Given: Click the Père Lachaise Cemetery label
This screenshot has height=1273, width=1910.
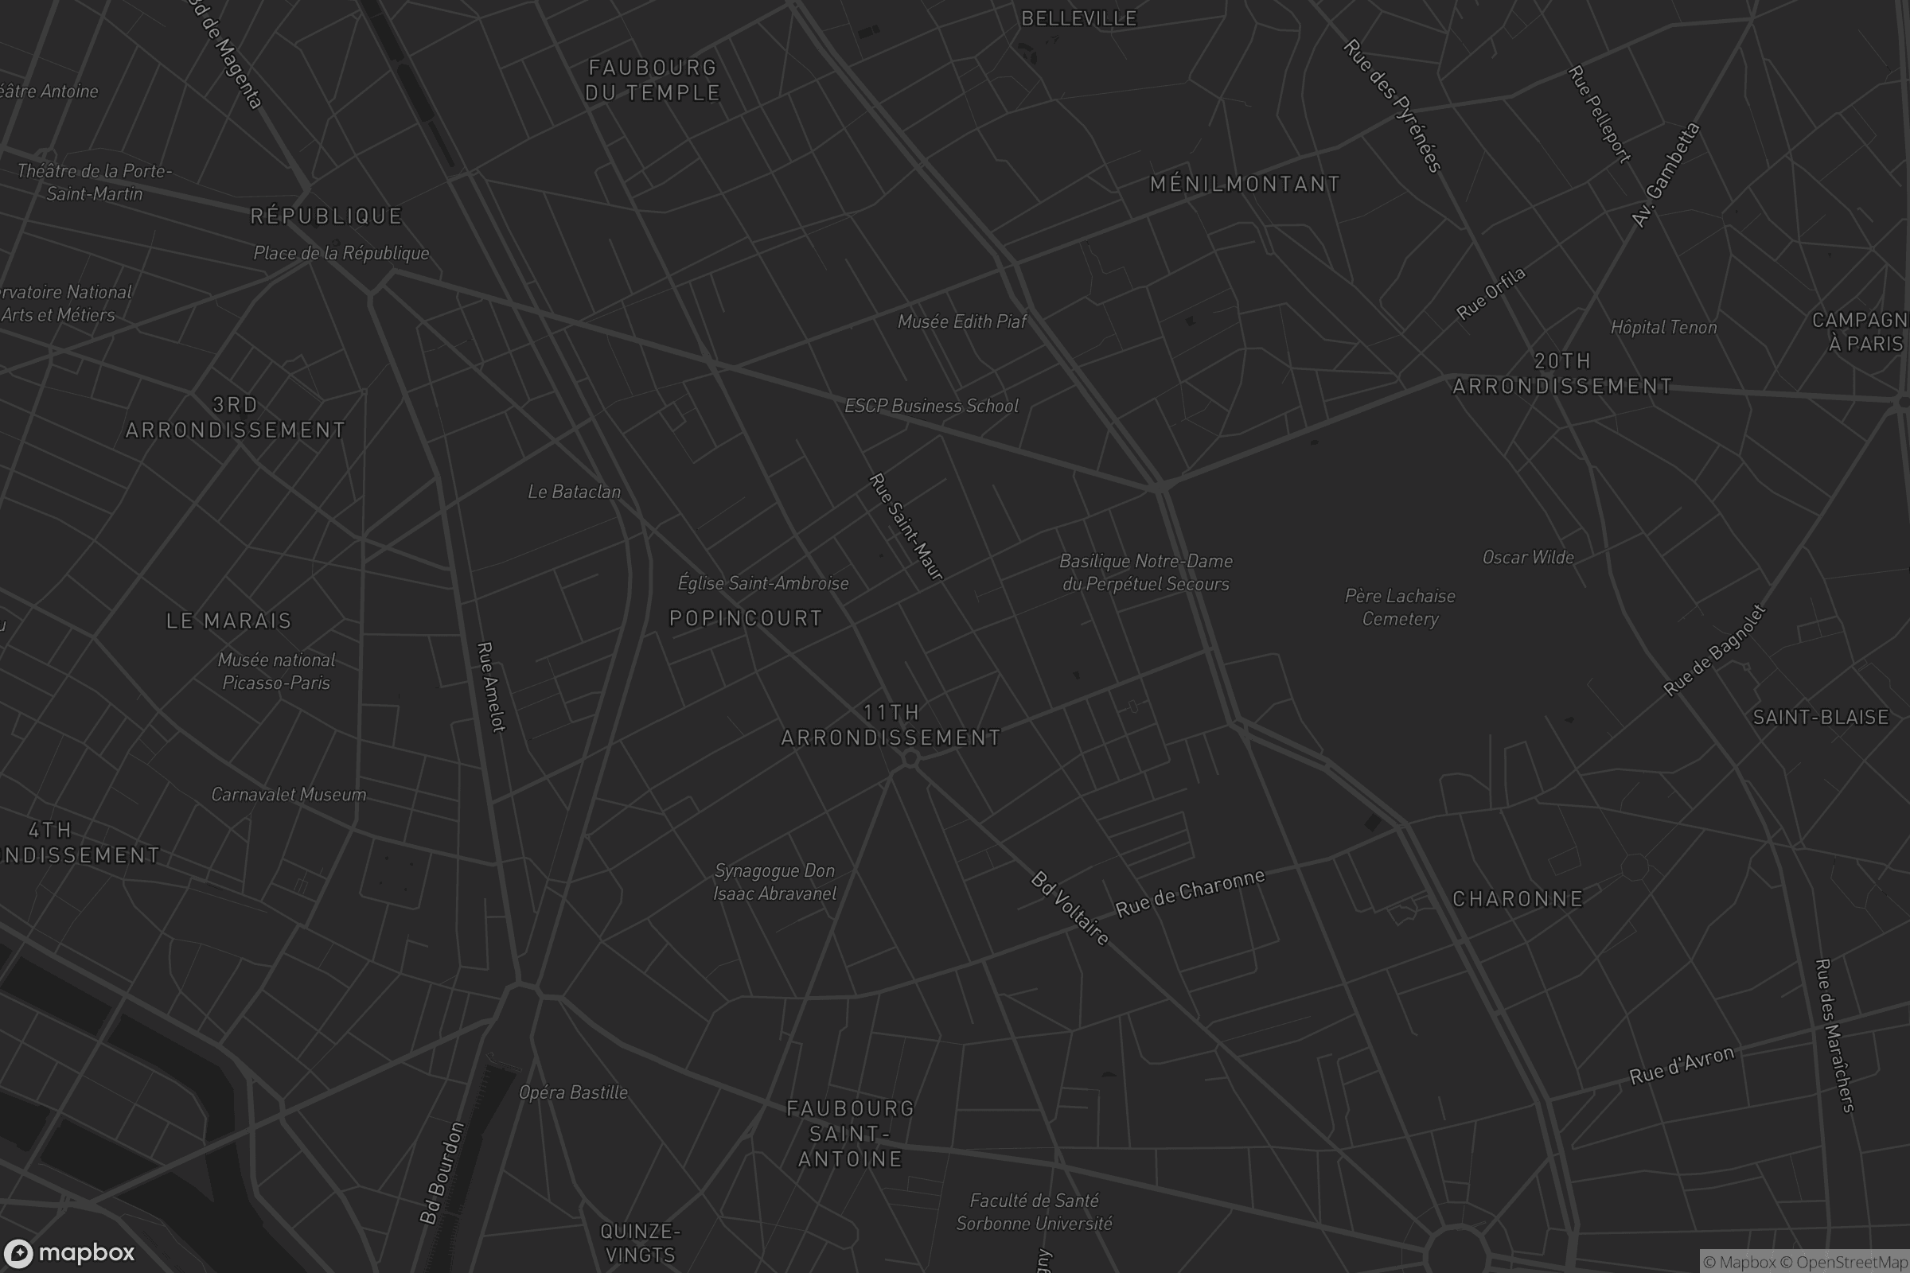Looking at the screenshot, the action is click(x=1400, y=607).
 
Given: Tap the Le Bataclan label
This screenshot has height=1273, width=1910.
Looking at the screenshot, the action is click(x=574, y=492).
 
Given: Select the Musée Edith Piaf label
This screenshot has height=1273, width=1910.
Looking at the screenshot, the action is click(x=961, y=321).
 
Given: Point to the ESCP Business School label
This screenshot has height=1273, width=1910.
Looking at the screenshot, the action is click(x=930, y=406).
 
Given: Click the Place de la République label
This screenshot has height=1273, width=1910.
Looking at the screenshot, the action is click(x=341, y=253).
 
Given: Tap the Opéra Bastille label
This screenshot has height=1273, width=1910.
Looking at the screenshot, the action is click(x=573, y=1092).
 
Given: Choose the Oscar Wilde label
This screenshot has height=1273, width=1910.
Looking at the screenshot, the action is click(x=1527, y=558).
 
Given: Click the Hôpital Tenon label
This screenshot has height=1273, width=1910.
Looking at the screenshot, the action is click(x=1663, y=328).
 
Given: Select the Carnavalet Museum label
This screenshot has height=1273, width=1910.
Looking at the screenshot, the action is click(x=288, y=795).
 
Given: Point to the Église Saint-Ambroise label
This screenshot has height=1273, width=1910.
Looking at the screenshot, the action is click(x=762, y=583).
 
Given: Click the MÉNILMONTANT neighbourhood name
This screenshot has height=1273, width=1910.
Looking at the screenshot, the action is click(x=1245, y=185).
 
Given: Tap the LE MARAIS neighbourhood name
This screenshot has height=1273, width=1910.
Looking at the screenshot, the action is click(x=228, y=621).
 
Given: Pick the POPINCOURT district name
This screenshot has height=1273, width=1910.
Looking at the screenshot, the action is click(x=746, y=619).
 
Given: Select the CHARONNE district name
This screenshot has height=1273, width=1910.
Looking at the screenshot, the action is click(x=1517, y=900).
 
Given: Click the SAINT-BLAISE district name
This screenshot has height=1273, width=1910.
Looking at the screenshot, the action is click(x=1821, y=718).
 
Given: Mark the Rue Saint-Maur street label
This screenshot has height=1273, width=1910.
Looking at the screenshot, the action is click(x=906, y=527).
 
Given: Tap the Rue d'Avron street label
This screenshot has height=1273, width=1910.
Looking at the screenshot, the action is click(x=1682, y=1065).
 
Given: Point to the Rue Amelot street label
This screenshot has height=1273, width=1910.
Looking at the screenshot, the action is click(x=491, y=687).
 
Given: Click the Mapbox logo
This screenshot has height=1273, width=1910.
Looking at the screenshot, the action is click(x=68, y=1252).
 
